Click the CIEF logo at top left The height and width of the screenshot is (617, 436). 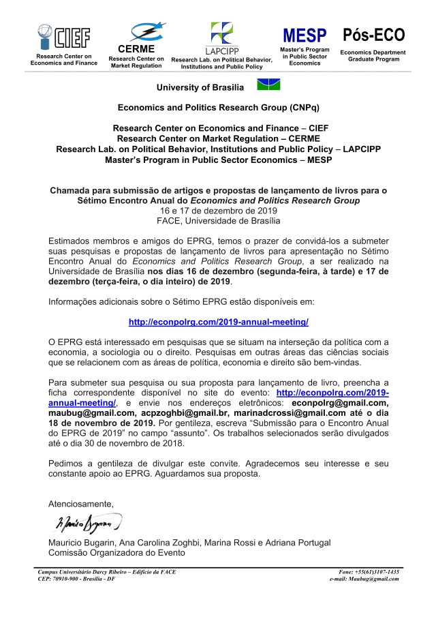(63, 35)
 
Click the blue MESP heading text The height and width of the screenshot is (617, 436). (305, 36)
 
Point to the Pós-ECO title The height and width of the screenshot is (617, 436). (373, 35)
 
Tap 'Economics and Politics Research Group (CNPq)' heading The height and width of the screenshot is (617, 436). (218, 108)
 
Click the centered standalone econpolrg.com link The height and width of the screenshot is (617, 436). (218, 321)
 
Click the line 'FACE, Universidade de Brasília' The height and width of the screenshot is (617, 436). (218, 221)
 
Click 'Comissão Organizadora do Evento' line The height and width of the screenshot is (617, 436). (116, 553)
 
